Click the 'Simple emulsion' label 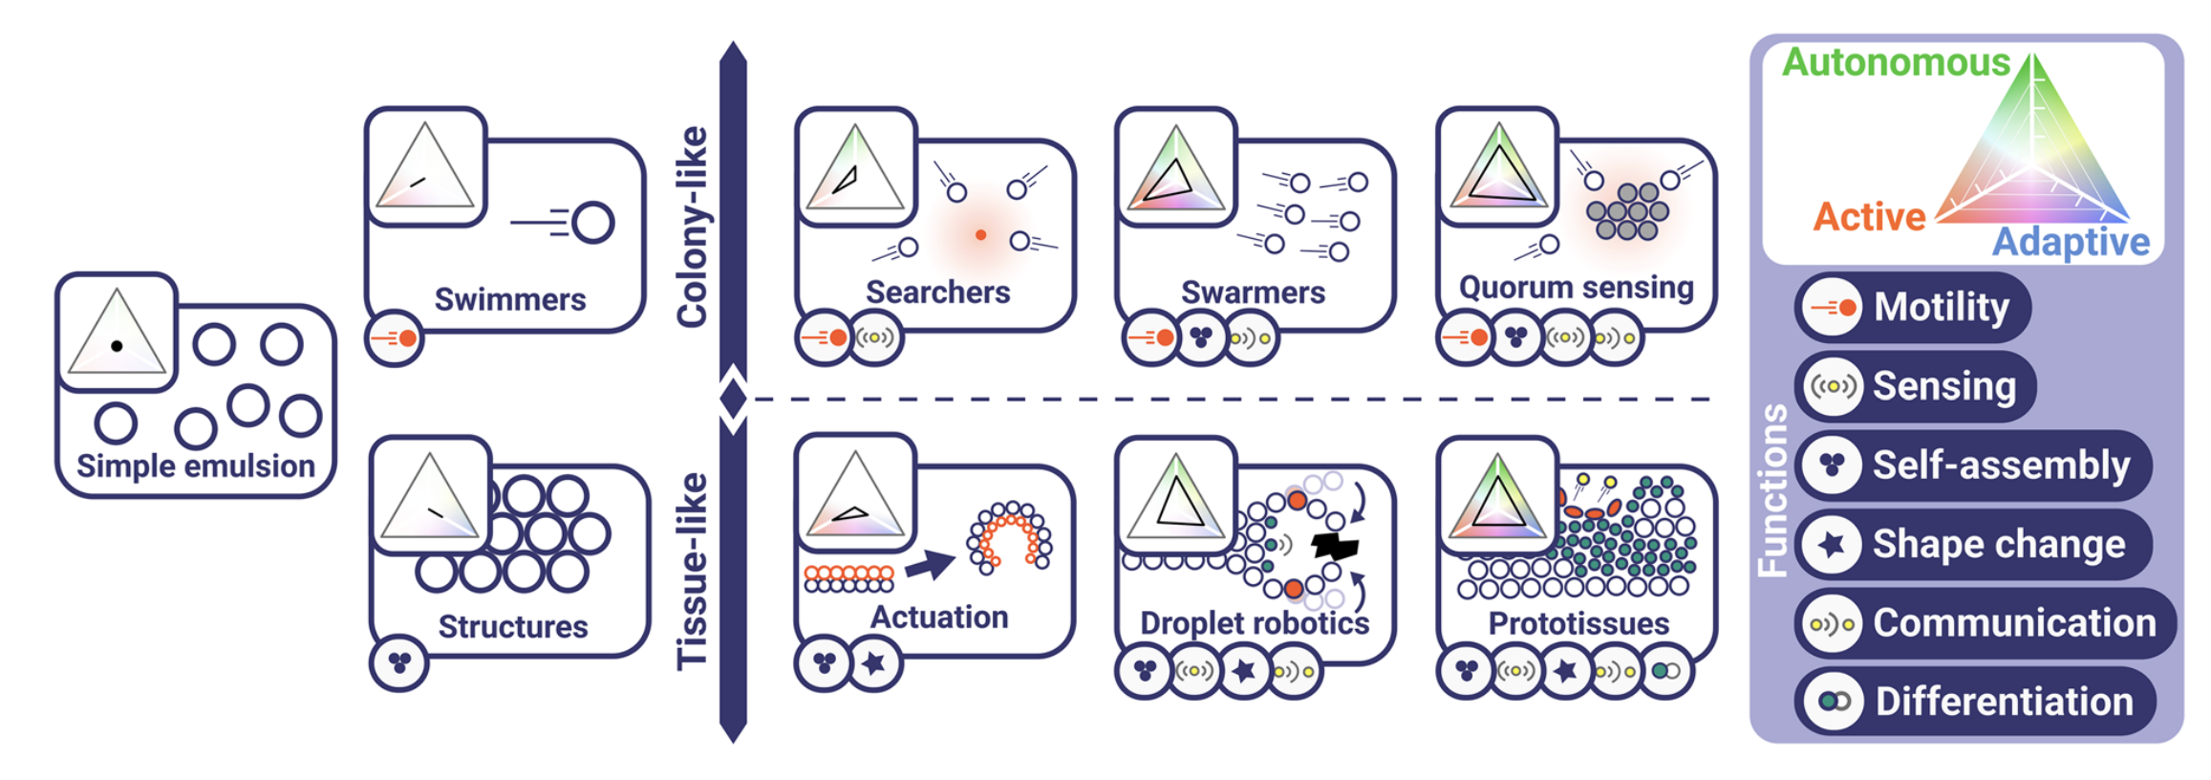pyautogui.click(x=195, y=466)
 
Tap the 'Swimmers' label pyautogui.click(x=510, y=299)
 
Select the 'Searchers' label pyautogui.click(x=937, y=292)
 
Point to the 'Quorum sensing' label pyautogui.click(x=1576, y=287)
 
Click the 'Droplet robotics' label pyautogui.click(x=1254, y=623)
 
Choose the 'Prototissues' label pyautogui.click(x=1578, y=623)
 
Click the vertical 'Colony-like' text pyautogui.click(x=692, y=227)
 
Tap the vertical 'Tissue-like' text pyautogui.click(x=692, y=571)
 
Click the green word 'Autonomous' pyautogui.click(x=1896, y=63)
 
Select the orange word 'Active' pyautogui.click(x=1869, y=217)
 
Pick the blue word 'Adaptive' pyautogui.click(x=2071, y=243)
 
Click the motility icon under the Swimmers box pyautogui.click(x=395, y=338)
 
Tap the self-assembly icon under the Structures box pyautogui.click(x=399, y=661)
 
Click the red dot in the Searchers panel pyautogui.click(x=980, y=234)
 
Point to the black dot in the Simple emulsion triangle pyautogui.click(x=117, y=346)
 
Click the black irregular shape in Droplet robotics pyautogui.click(x=1335, y=547)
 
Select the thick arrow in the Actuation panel pyautogui.click(x=930, y=566)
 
